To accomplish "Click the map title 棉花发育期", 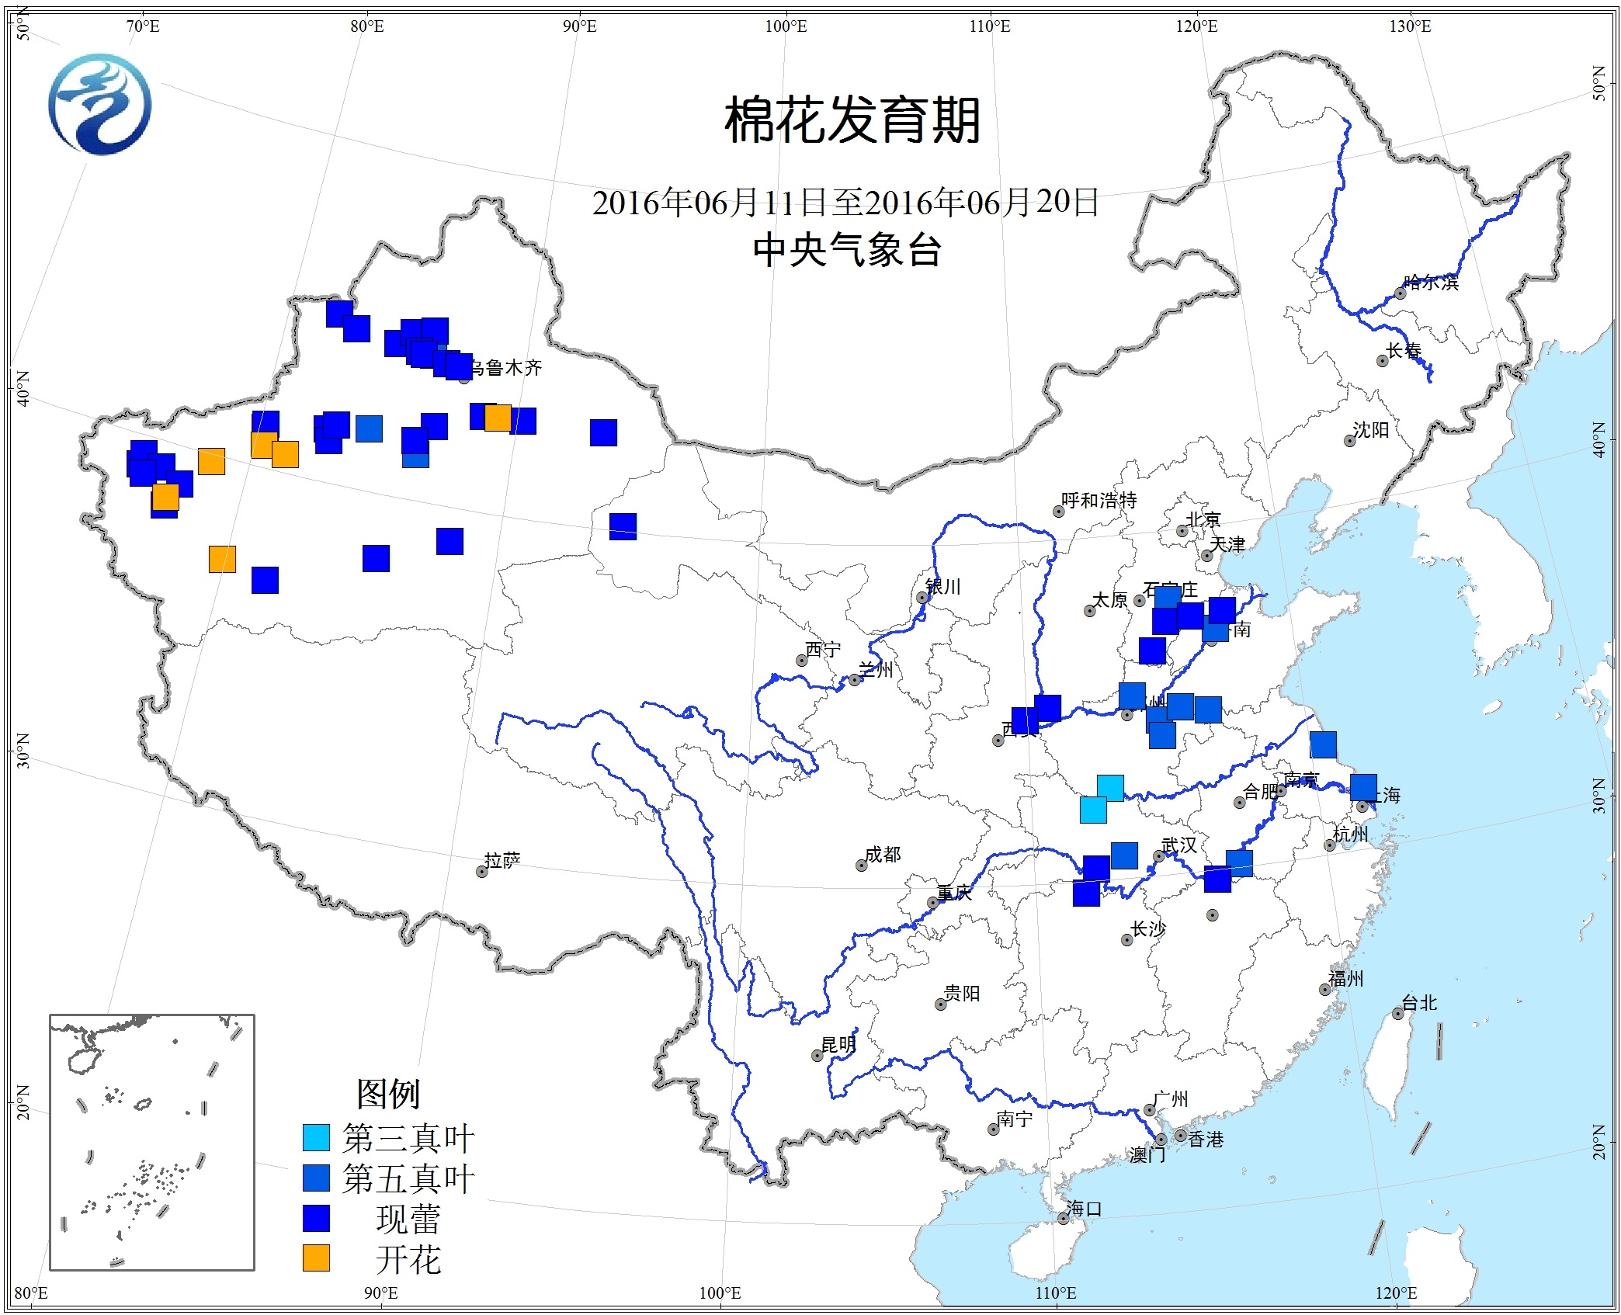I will click(x=852, y=121).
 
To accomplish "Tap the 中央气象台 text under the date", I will click(x=847, y=250).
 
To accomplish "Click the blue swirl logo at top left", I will click(x=100, y=104).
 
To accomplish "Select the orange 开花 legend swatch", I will click(x=316, y=1258).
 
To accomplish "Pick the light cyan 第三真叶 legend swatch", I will click(x=316, y=1137).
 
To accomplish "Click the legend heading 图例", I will click(x=388, y=1094).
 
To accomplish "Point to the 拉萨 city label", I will click(x=502, y=860).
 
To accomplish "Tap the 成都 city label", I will click(x=883, y=854).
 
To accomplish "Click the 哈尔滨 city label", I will click(x=1431, y=283).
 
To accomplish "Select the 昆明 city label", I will click(x=838, y=1045).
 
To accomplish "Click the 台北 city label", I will click(x=1419, y=1003).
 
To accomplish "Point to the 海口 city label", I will click(x=1084, y=1209).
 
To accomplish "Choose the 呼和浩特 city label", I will click(x=1099, y=501).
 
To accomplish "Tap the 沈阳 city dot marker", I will click(x=1350, y=441).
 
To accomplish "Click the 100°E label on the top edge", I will click(x=786, y=27).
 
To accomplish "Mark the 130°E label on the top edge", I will click(x=1410, y=27).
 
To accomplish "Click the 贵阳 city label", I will click(x=962, y=994).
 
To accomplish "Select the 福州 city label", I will click(x=1345, y=979).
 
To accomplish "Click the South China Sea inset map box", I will click(x=152, y=1142).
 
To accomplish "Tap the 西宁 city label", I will click(x=823, y=649).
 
